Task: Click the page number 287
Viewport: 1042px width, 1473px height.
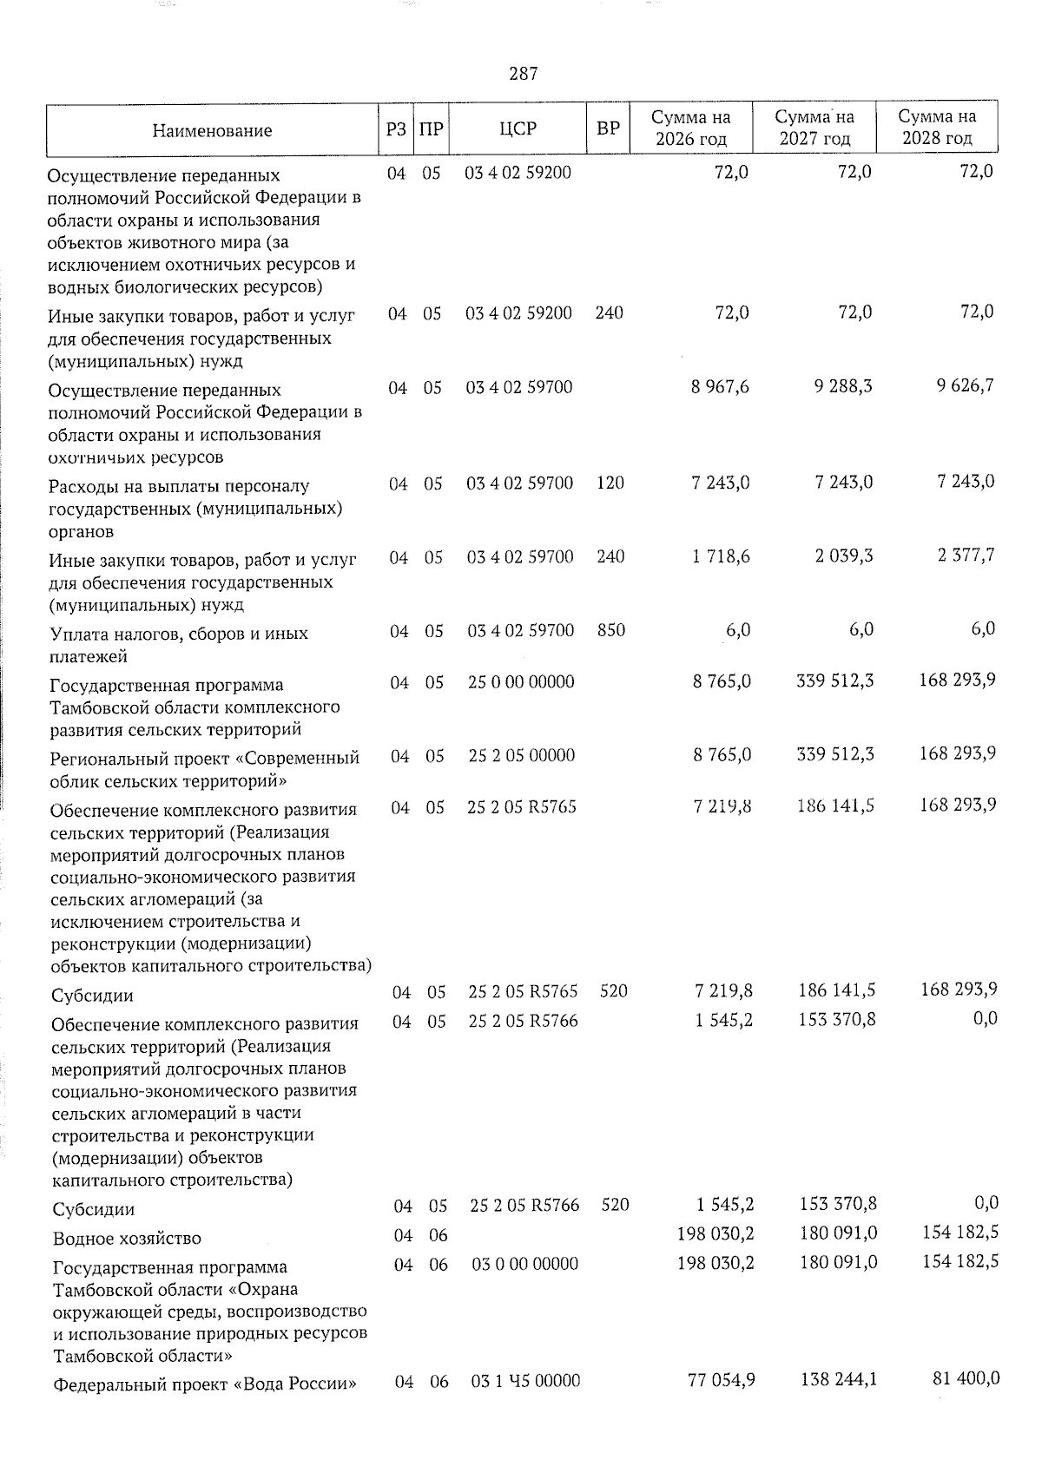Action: point(524,74)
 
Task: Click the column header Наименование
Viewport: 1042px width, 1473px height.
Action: point(212,131)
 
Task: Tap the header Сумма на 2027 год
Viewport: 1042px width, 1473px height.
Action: point(814,128)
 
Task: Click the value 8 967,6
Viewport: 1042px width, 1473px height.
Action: point(721,386)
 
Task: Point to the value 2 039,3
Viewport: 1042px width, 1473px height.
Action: point(844,556)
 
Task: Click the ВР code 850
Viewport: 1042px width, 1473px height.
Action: point(611,630)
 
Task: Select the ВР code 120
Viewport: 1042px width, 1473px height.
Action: point(610,483)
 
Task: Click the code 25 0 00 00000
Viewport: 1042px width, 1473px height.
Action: point(521,682)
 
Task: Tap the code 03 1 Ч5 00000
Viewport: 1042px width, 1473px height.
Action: point(525,1380)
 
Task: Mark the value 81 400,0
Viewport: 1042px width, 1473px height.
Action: point(966,1378)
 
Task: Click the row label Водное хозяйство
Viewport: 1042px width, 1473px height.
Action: point(127,1239)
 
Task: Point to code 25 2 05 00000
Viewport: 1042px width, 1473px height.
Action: point(521,756)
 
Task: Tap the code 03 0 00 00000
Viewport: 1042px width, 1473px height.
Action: point(524,1264)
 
